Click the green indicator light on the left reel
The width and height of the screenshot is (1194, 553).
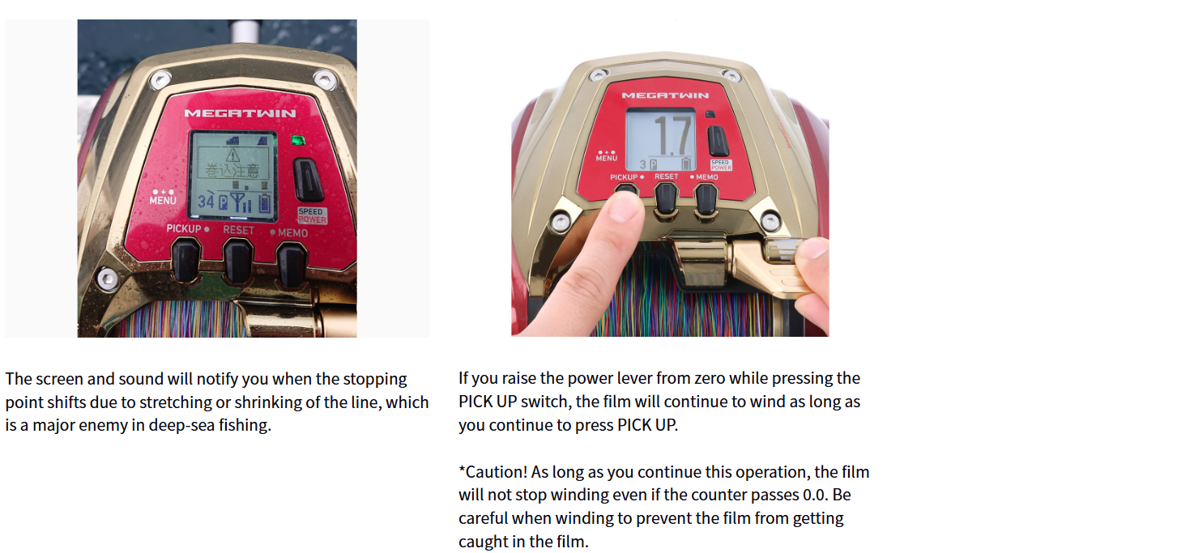298,140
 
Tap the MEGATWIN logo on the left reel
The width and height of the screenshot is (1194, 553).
240,113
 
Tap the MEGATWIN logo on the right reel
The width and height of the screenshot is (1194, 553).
665,96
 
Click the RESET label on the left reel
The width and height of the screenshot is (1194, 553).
238,230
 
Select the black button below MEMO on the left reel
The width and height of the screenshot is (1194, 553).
291,264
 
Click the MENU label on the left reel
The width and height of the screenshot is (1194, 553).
163,200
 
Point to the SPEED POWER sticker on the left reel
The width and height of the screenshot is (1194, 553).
313,215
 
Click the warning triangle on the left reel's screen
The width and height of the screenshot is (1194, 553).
232,155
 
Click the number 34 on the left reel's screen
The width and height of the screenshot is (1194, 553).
206,202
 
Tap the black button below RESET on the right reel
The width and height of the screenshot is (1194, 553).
666,198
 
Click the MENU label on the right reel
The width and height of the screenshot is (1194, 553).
607,158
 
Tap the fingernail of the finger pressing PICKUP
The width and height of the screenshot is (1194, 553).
624,206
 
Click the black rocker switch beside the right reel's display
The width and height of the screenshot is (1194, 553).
718,141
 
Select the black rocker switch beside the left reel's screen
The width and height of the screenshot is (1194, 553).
308,180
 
